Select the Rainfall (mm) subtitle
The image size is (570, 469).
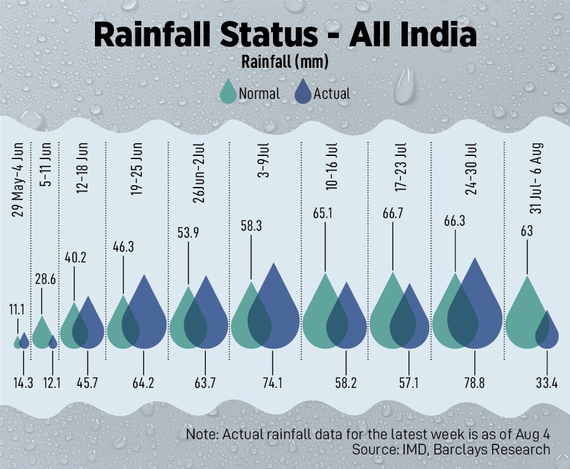pyautogui.click(x=284, y=63)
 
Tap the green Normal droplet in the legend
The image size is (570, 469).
pyautogui.click(x=228, y=93)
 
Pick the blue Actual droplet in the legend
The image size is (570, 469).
pyautogui.click(x=304, y=93)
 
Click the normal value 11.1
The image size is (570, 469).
pyautogui.click(x=17, y=309)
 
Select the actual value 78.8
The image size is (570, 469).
pyautogui.click(x=475, y=382)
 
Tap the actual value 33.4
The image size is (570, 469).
pyautogui.click(x=546, y=382)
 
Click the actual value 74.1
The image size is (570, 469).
pyautogui.click(x=272, y=382)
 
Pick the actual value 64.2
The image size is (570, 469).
pyautogui.click(x=144, y=382)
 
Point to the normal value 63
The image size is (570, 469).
pyautogui.click(x=527, y=231)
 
